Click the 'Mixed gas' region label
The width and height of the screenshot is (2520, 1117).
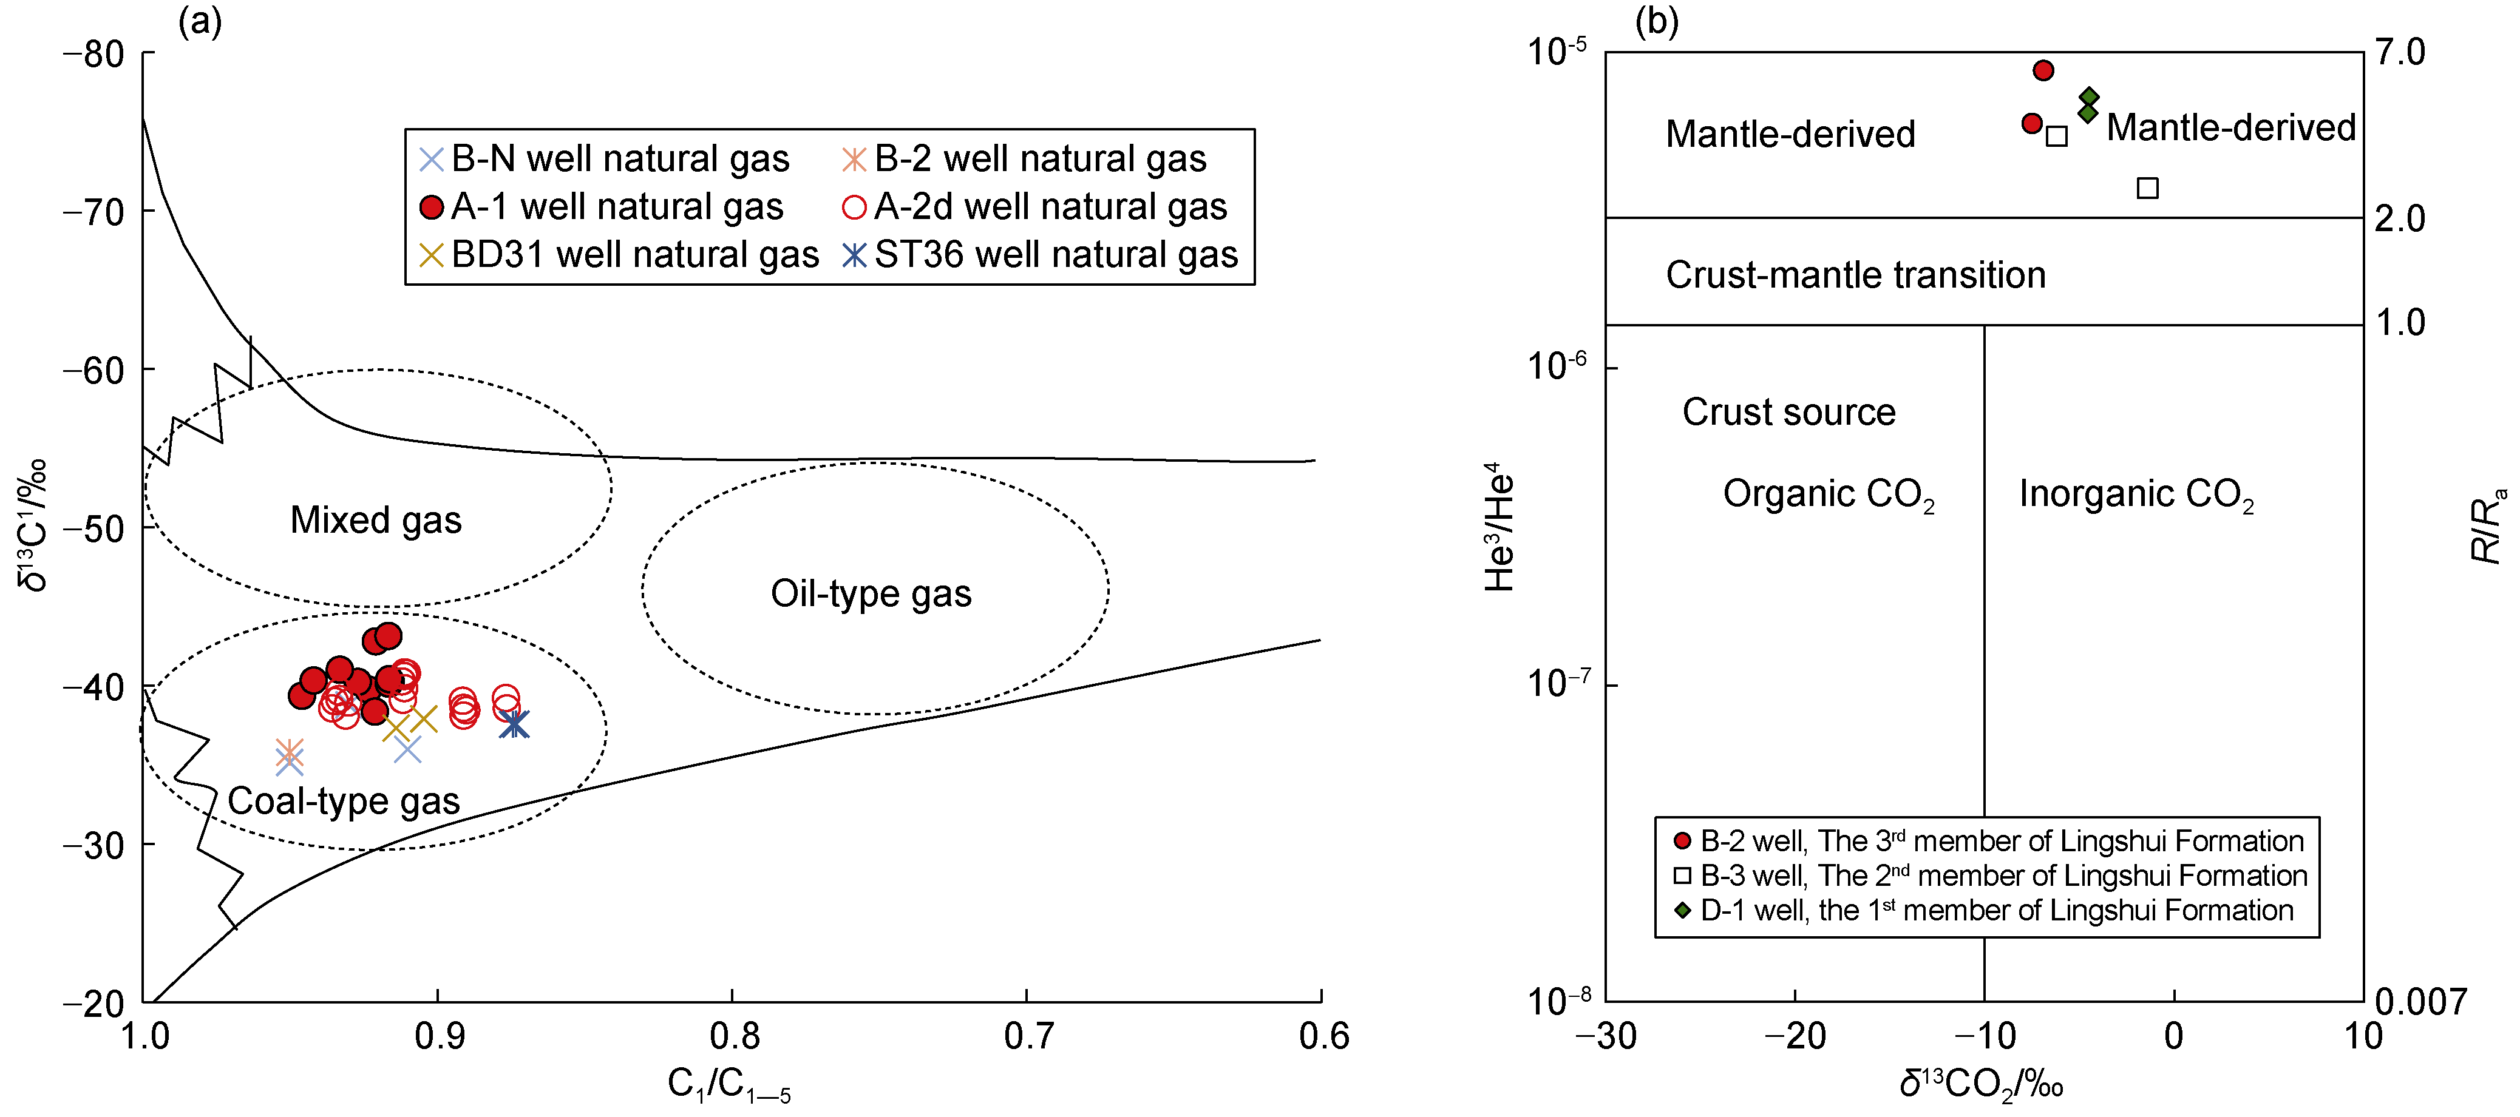[x=376, y=521]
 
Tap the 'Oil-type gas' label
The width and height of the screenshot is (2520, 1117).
[x=871, y=594]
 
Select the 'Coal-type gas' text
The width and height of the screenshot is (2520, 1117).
[x=344, y=801]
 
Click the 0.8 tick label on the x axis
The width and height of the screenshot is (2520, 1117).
[x=734, y=1036]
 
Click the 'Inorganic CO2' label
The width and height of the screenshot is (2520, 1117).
[x=2136, y=495]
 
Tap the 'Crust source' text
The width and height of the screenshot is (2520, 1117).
[x=1788, y=413]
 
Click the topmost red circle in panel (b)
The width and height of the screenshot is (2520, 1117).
[x=2043, y=70]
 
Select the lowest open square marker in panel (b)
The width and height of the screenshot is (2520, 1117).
[x=2147, y=188]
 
